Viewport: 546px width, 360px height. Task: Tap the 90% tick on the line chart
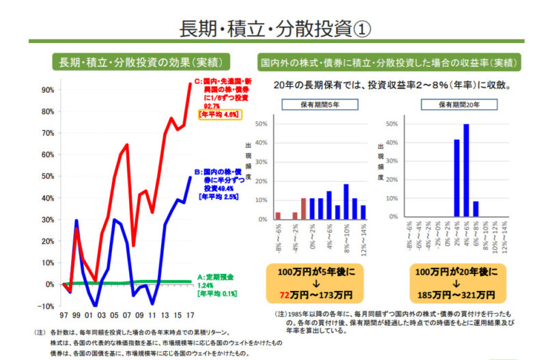[48, 89]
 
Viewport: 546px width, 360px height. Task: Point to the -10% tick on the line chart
[47, 306]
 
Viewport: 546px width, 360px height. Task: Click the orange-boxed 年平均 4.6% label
[218, 115]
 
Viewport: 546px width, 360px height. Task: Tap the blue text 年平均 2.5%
[218, 197]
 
